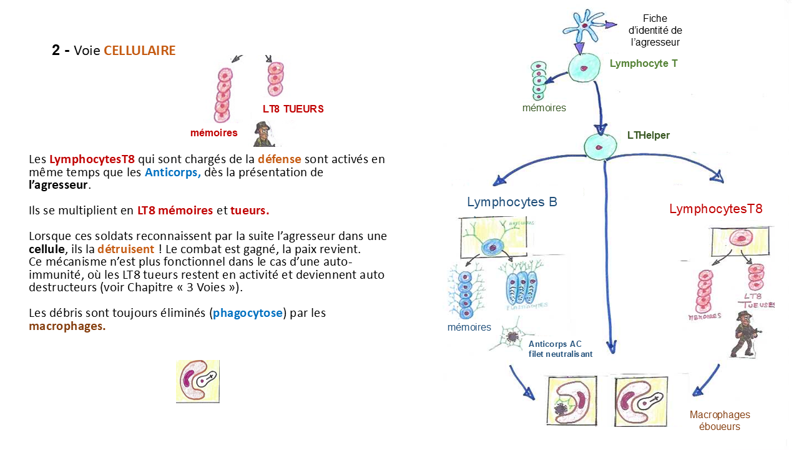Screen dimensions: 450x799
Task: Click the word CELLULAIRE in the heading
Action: pyautogui.click(x=139, y=51)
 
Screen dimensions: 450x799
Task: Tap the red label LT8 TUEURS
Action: pyautogui.click(x=293, y=109)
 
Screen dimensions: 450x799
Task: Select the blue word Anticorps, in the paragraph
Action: pyautogui.click(x=173, y=172)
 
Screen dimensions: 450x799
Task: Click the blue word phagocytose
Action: pyautogui.click(x=248, y=312)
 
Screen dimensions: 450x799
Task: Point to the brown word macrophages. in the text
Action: pyautogui.click(x=67, y=326)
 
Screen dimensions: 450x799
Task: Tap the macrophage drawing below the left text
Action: pyautogui.click(x=197, y=381)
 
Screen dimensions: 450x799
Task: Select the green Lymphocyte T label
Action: pyautogui.click(x=643, y=63)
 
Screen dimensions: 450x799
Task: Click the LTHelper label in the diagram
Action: pyautogui.click(x=648, y=135)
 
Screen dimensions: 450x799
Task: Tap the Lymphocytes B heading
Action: pyautogui.click(x=512, y=202)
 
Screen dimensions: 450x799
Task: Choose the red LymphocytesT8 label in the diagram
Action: pyautogui.click(x=715, y=209)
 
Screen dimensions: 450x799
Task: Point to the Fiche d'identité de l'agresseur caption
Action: pyautogui.click(x=654, y=31)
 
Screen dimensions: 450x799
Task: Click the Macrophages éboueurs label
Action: pyautogui.click(x=720, y=421)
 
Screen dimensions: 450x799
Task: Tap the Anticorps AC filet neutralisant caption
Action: pyautogui.click(x=560, y=349)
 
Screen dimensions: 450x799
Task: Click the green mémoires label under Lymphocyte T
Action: pyautogui.click(x=544, y=107)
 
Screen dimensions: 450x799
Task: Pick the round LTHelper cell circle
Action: pyautogui.click(x=600, y=147)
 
